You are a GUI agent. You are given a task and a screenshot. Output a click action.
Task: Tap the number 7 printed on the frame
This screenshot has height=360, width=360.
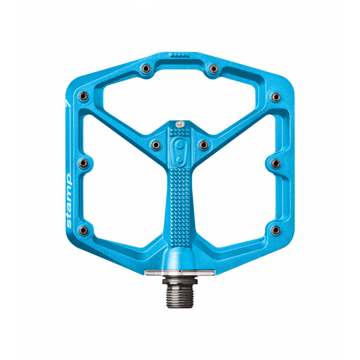(67, 103)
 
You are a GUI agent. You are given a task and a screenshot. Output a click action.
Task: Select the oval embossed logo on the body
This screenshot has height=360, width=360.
(179, 148)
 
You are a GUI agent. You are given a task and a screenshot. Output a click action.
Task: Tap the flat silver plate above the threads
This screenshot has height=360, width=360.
(179, 272)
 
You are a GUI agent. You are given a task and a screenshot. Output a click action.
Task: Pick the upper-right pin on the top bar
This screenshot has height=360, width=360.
(213, 68)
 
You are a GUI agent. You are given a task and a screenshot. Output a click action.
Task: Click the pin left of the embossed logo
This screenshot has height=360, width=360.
(156, 144)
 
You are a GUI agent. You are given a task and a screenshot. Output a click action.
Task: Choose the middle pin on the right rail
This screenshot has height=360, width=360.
(275, 162)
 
